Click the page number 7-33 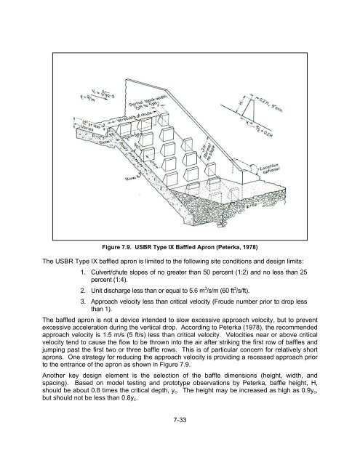[180, 439]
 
